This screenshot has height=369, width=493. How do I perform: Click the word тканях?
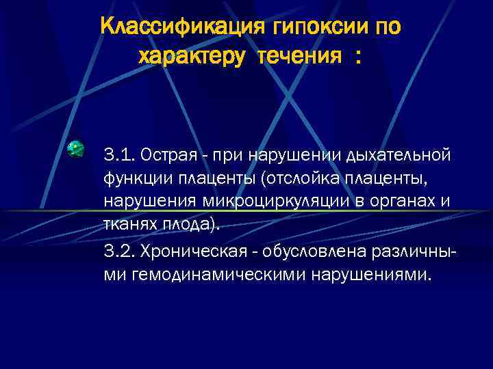coord(129,226)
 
